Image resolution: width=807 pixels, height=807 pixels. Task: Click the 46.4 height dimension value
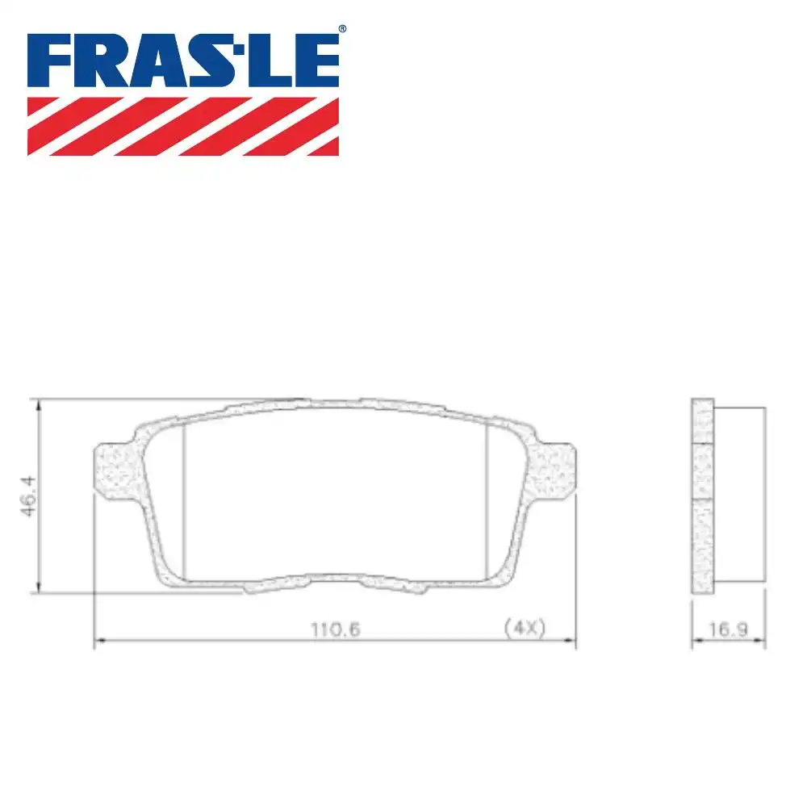pyautogui.click(x=33, y=495)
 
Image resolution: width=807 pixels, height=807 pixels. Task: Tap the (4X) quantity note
pyautogui.click(x=524, y=628)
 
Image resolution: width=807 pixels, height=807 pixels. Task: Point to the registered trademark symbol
pyautogui.click(x=342, y=29)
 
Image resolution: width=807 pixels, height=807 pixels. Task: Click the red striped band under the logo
pyautogui.click(x=183, y=126)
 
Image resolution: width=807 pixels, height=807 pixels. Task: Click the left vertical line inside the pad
pyautogui.click(x=185, y=500)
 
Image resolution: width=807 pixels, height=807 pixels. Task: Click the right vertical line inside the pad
pyautogui.click(x=487, y=500)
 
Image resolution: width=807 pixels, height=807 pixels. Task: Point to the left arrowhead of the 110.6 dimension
pyautogui.click(x=99, y=642)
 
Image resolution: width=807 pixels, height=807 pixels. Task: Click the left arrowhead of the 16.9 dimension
pyautogui.click(x=696, y=642)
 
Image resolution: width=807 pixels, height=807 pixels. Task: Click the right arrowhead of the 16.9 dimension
pyautogui.click(x=761, y=642)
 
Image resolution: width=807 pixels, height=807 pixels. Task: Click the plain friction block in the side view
pyautogui.click(x=739, y=494)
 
